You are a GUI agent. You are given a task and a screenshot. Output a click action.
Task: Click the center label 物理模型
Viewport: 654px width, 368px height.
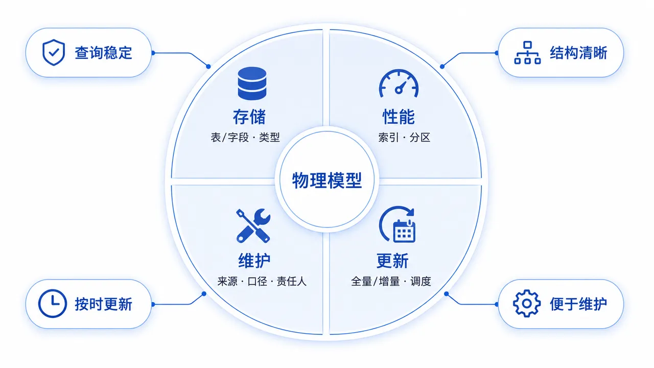coord(327,180)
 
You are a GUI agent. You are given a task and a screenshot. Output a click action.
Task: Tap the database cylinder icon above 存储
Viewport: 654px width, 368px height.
coord(252,83)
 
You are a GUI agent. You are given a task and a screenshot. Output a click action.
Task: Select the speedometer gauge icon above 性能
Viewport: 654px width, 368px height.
coord(399,83)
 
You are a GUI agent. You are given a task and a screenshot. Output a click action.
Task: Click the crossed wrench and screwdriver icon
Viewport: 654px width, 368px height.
coord(253,226)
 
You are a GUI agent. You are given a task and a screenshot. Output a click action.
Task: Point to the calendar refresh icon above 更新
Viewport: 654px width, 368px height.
coord(398,224)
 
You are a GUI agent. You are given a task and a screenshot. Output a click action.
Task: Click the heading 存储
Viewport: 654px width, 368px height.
coord(249,117)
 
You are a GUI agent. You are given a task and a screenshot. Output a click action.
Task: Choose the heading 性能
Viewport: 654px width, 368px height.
coord(399,117)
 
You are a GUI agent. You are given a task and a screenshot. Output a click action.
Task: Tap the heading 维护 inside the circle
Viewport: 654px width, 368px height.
coord(254,261)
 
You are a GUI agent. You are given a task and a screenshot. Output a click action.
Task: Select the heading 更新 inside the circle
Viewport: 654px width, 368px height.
coord(392,261)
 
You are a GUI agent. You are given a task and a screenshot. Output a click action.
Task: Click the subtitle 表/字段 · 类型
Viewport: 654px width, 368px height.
coord(245,137)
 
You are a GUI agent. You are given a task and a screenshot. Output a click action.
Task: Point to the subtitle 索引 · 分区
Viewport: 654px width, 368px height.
coord(404,137)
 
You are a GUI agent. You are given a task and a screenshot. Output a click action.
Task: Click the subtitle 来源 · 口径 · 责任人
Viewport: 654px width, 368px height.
coord(262,281)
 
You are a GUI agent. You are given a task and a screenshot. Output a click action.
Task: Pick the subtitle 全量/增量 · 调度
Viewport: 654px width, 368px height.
coord(391,281)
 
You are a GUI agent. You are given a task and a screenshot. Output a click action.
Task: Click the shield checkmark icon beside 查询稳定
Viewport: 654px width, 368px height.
coord(54,53)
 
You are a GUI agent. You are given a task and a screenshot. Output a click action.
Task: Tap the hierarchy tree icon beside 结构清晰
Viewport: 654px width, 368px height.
coord(527,53)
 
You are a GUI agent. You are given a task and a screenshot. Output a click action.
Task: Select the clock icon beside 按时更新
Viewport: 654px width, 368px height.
coord(53,304)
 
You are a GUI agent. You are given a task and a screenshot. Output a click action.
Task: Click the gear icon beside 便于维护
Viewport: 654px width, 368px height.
coord(527,304)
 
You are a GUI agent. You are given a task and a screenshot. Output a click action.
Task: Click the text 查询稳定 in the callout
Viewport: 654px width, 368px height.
coord(103,53)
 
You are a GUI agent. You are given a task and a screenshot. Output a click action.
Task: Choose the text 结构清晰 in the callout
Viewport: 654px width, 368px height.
coord(578,53)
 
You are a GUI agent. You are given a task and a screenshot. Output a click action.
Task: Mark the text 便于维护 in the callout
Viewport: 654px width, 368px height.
coord(578,304)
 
